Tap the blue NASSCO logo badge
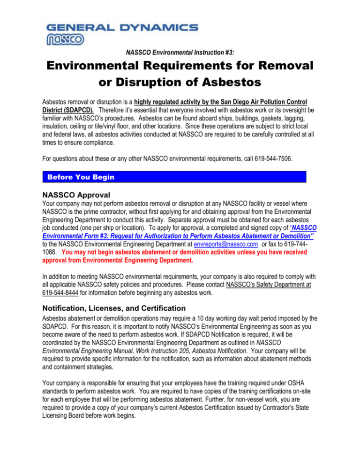65,40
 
